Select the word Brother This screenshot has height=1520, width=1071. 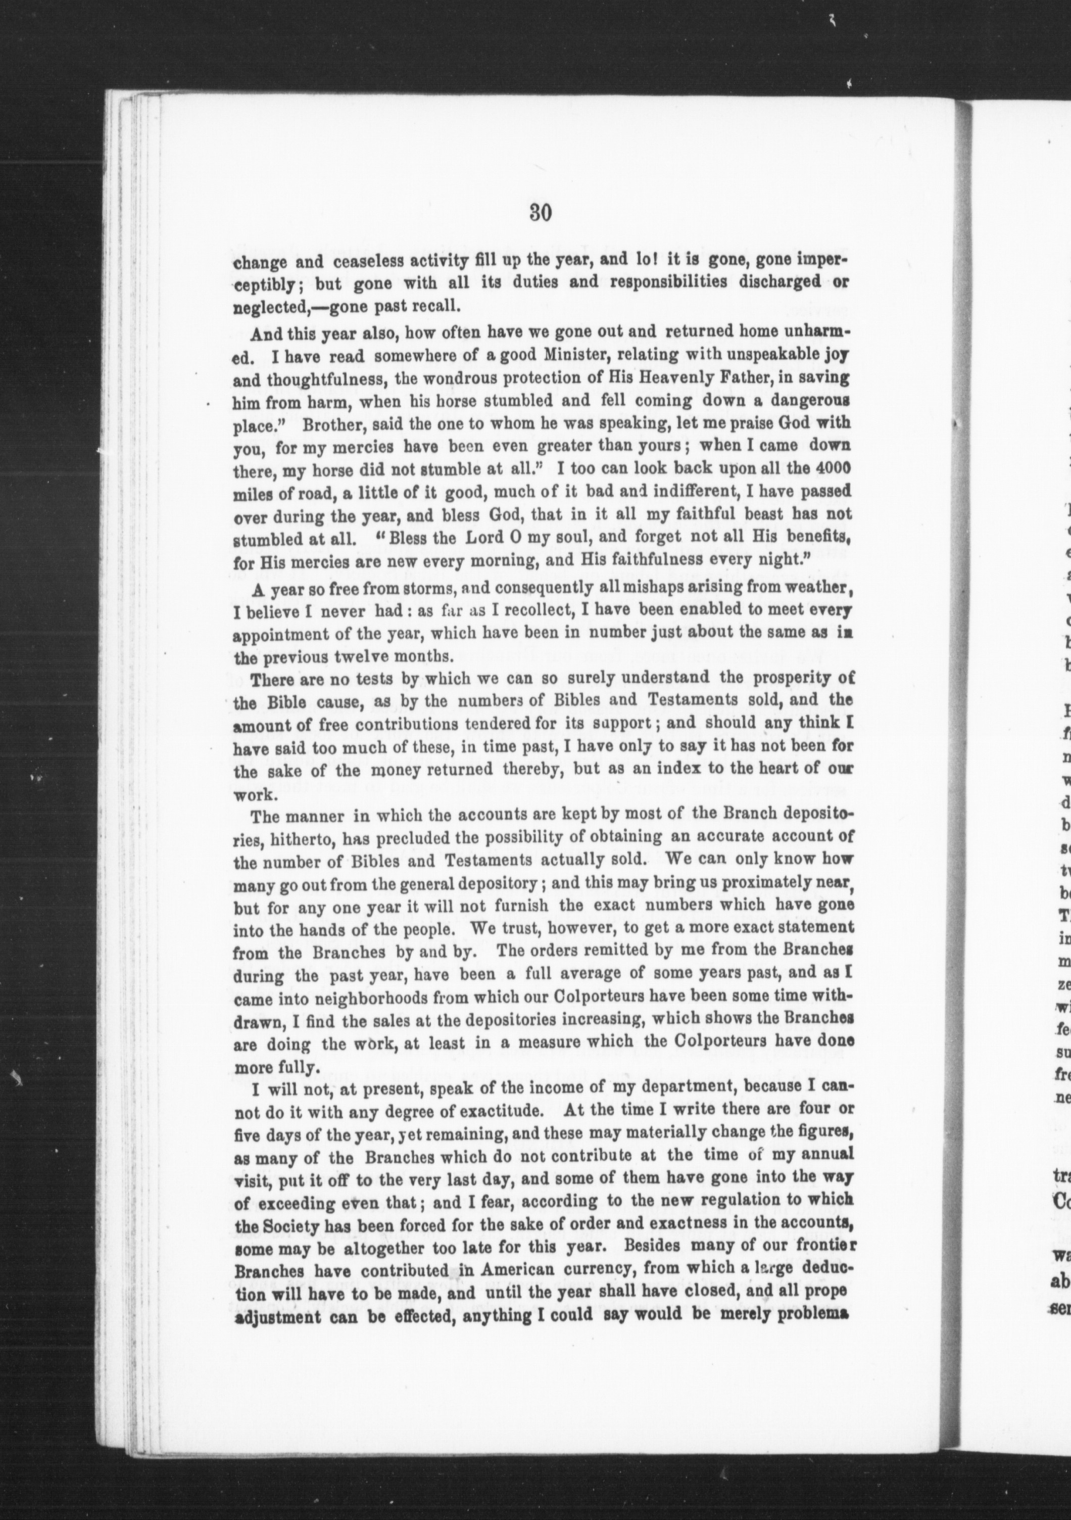(x=328, y=423)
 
